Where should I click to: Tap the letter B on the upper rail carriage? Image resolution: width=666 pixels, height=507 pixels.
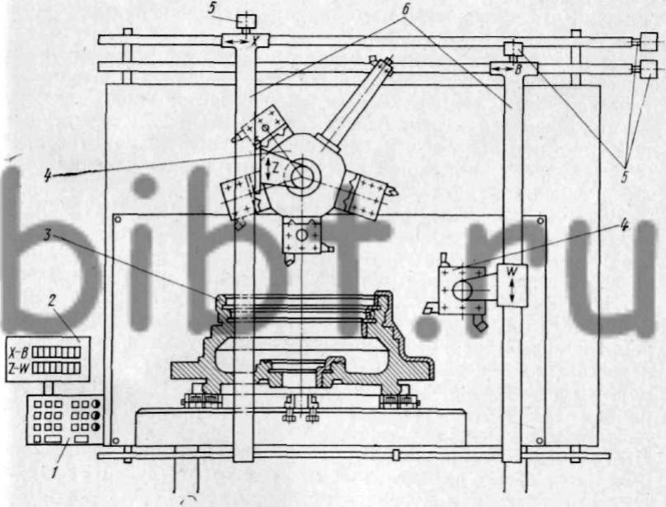tap(518, 69)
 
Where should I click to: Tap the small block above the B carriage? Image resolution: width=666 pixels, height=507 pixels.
tap(514, 49)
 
